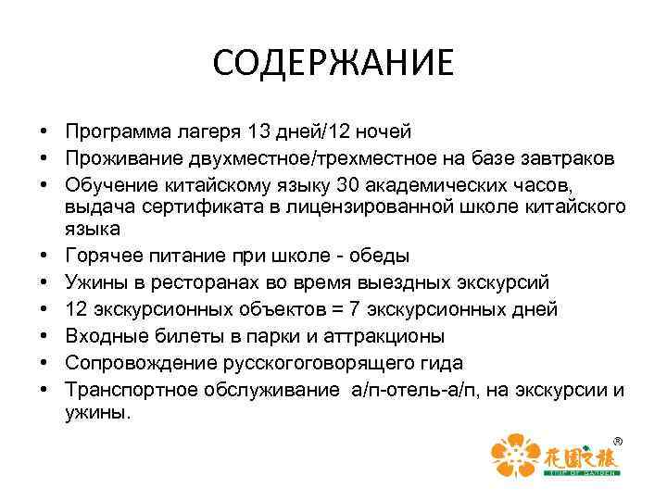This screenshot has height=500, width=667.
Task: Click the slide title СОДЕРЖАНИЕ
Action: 333,64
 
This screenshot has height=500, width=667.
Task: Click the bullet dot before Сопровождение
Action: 44,362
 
